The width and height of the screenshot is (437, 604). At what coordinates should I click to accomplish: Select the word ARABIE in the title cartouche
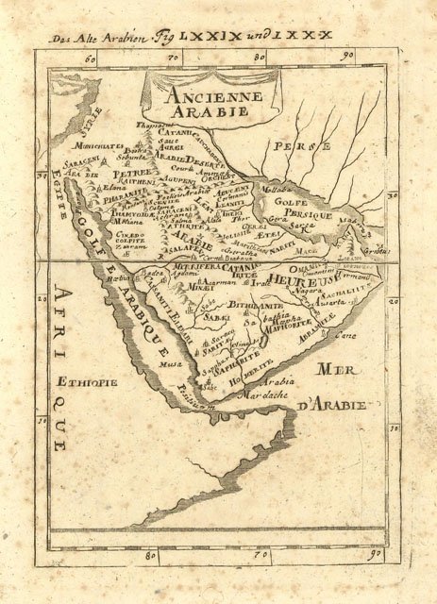pos(196,110)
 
